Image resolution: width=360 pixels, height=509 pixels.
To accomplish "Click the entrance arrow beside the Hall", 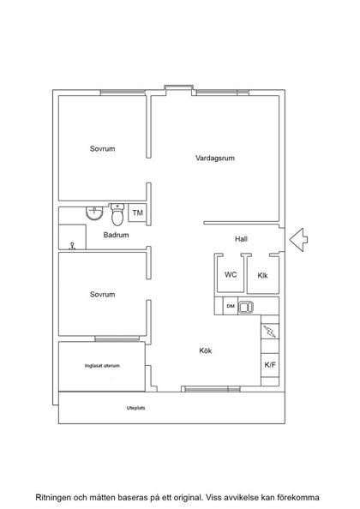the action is pos(298,240).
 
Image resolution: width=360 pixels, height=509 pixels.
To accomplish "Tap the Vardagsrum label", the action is pos(215,158).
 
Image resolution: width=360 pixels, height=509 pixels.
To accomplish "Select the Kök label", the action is pos(206,350).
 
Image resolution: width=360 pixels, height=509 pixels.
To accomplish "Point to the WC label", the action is pos(231,274).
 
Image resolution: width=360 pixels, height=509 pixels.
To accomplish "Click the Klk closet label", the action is pos(262,276).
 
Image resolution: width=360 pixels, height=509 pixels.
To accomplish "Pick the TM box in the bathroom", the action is pos(138,213).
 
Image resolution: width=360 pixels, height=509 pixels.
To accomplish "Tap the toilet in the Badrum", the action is pos(117,214).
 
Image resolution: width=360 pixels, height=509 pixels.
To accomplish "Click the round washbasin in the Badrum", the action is pos(94,213).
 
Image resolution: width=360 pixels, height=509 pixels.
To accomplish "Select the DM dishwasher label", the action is pos(231,306).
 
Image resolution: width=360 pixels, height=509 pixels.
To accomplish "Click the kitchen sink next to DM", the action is pos(246,307).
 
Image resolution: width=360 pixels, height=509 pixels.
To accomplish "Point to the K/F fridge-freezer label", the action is pos(270,365).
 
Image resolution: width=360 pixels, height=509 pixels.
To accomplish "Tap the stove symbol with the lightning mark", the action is pos(270,332).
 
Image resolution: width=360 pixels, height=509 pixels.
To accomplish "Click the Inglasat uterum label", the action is pos(102,366).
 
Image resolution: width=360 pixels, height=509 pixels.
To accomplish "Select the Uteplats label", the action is pos(135,408).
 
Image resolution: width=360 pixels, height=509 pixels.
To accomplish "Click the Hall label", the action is pos(241,239).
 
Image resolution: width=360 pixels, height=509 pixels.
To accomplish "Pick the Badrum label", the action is pos(116,235).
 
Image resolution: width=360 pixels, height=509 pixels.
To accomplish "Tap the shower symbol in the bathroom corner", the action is pos(72,246).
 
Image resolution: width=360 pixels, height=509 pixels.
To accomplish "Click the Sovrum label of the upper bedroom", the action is pos(102,149).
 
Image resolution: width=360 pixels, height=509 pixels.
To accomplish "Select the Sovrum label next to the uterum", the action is pos(102,295).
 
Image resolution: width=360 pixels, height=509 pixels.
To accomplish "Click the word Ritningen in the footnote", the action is pos(52,497).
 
